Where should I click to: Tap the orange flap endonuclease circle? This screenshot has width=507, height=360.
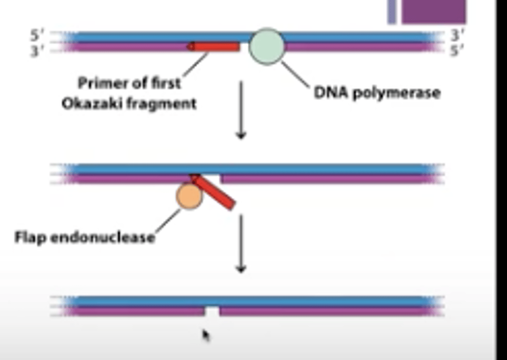click(x=189, y=196)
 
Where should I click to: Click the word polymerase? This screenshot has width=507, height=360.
click(x=396, y=93)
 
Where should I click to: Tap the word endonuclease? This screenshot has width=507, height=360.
click(x=103, y=237)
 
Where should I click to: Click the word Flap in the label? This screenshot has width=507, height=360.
click(x=31, y=237)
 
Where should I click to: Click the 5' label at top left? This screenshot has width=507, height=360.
click(x=37, y=35)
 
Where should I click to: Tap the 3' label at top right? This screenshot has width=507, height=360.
click(x=457, y=35)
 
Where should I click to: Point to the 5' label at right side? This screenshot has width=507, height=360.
click(x=457, y=51)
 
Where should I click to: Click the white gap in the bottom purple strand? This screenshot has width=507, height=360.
click(x=212, y=311)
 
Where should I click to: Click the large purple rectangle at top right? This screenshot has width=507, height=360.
click(x=433, y=11)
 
